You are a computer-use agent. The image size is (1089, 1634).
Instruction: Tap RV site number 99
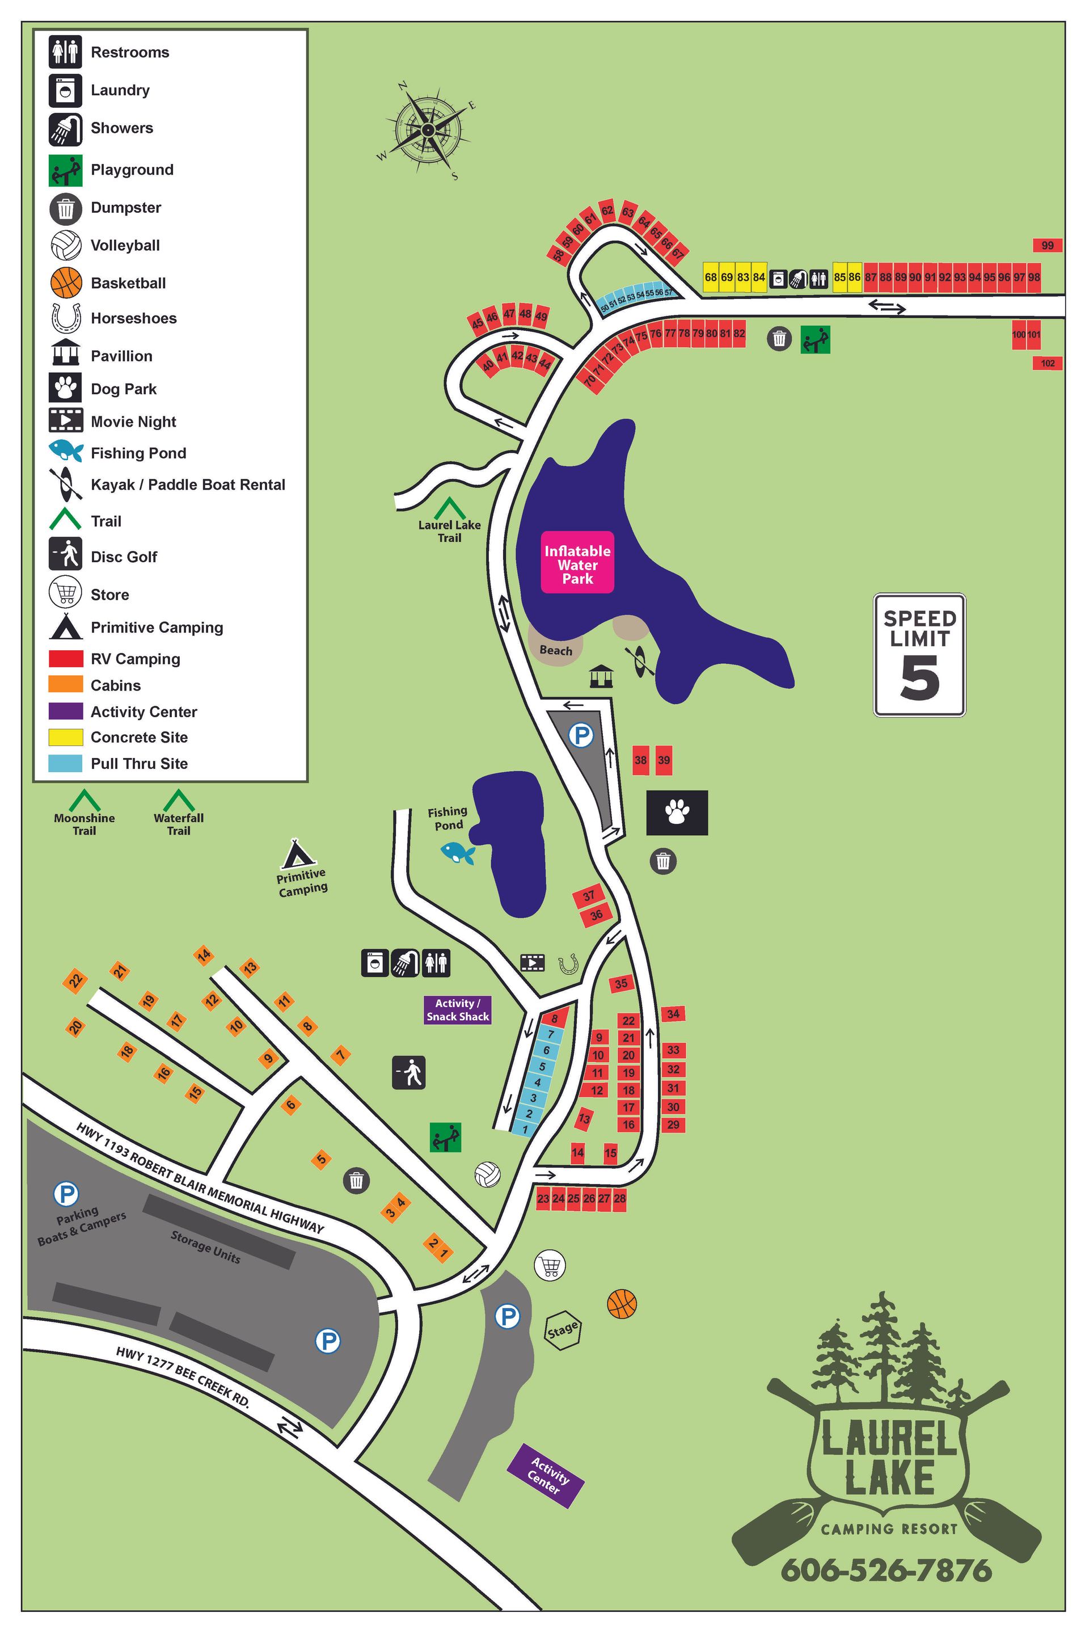point(1048,245)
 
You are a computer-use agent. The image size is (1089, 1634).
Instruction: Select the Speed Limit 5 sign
point(919,654)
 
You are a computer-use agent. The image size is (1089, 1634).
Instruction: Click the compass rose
point(428,130)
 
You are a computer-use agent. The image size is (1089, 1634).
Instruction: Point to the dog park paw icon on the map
point(677,812)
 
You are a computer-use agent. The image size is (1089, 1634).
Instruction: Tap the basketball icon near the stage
point(622,1303)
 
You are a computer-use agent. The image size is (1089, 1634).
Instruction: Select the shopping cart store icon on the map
point(550,1265)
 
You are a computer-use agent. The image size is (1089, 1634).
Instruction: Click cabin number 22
point(75,981)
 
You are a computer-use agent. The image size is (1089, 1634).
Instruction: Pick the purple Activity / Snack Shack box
point(458,1009)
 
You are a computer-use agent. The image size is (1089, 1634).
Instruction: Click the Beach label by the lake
point(556,650)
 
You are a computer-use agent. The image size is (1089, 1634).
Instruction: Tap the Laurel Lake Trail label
point(449,532)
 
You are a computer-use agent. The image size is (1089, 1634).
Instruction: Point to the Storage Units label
point(205,1246)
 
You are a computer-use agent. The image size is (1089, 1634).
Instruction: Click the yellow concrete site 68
point(711,277)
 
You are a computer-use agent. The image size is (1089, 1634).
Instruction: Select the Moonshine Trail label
point(84,824)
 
